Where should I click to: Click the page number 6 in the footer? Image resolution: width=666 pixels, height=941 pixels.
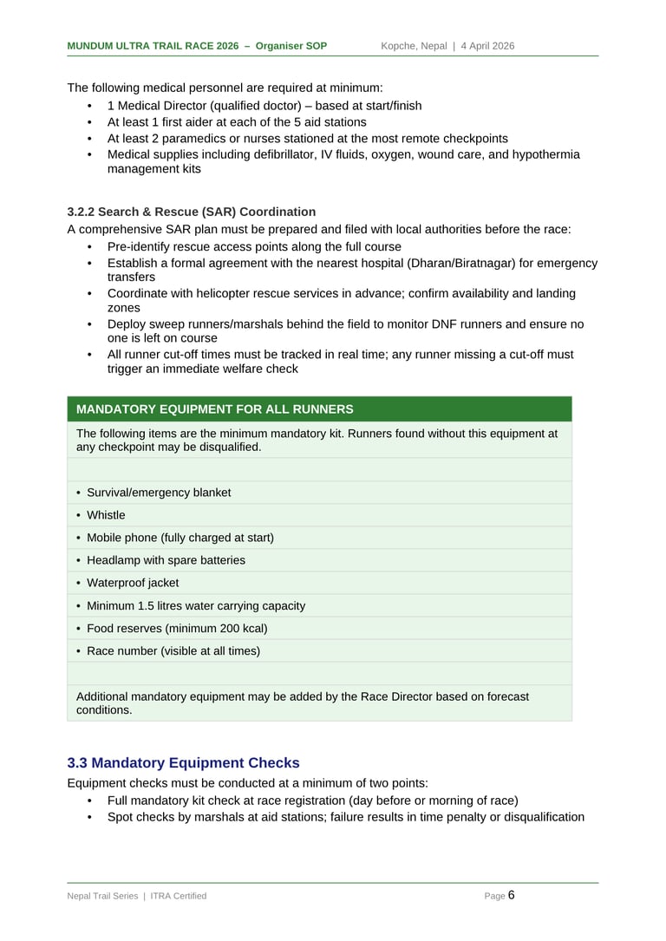(x=512, y=895)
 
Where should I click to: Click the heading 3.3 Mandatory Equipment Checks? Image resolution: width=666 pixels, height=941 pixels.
(x=183, y=763)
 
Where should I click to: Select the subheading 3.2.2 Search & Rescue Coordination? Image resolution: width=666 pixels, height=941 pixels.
(x=191, y=212)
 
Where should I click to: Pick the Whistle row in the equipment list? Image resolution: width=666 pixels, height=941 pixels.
(x=106, y=515)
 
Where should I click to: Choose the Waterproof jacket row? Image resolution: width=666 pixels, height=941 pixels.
(x=133, y=583)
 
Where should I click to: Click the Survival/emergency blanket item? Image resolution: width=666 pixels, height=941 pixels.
(x=159, y=493)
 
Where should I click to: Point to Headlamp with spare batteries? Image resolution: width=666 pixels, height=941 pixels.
(x=166, y=560)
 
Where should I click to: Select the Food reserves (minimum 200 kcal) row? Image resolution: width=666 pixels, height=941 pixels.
(x=177, y=628)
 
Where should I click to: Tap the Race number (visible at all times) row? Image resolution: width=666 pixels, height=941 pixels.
(x=173, y=650)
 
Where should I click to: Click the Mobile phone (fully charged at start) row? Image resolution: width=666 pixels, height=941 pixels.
(x=180, y=538)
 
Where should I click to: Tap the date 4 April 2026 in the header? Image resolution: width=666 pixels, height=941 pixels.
(x=487, y=46)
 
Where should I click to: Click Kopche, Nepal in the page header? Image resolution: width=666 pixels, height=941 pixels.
(x=414, y=46)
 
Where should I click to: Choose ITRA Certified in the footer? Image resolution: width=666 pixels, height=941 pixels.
(x=179, y=896)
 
